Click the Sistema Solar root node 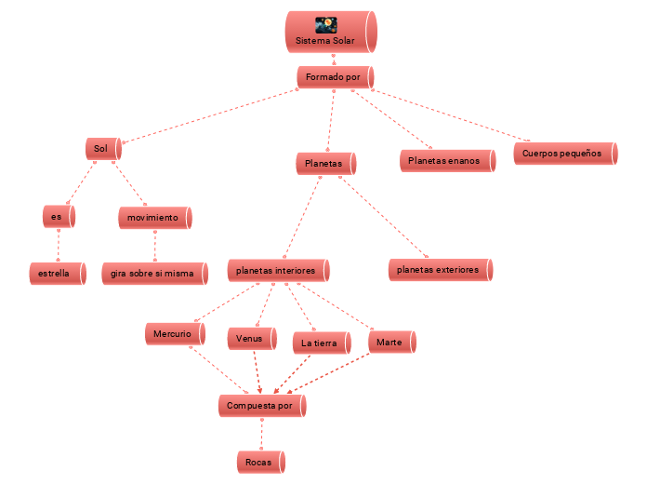(330, 41)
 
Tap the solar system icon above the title (326, 24)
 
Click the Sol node (102, 149)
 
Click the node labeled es (59, 217)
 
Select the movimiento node (154, 218)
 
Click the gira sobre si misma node (154, 274)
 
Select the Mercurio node (174, 333)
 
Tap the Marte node (391, 343)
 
